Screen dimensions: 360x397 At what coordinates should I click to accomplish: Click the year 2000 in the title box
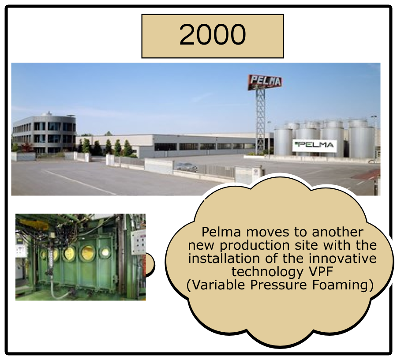[x=212, y=36]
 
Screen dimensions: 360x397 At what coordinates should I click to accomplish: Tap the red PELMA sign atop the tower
[x=265, y=82]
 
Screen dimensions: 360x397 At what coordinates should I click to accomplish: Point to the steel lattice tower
[x=261, y=119]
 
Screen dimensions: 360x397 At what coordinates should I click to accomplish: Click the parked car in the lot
[x=186, y=166]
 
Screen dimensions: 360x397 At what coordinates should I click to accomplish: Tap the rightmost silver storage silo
[x=362, y=141]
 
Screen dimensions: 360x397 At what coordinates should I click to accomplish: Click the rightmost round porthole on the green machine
[x=106, y=252]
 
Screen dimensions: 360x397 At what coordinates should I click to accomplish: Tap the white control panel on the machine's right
[x=138, y=243]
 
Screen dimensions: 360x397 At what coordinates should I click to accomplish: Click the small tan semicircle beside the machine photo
[x=150, y=264]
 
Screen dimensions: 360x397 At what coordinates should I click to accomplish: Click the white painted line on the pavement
[x=79, y=181]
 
